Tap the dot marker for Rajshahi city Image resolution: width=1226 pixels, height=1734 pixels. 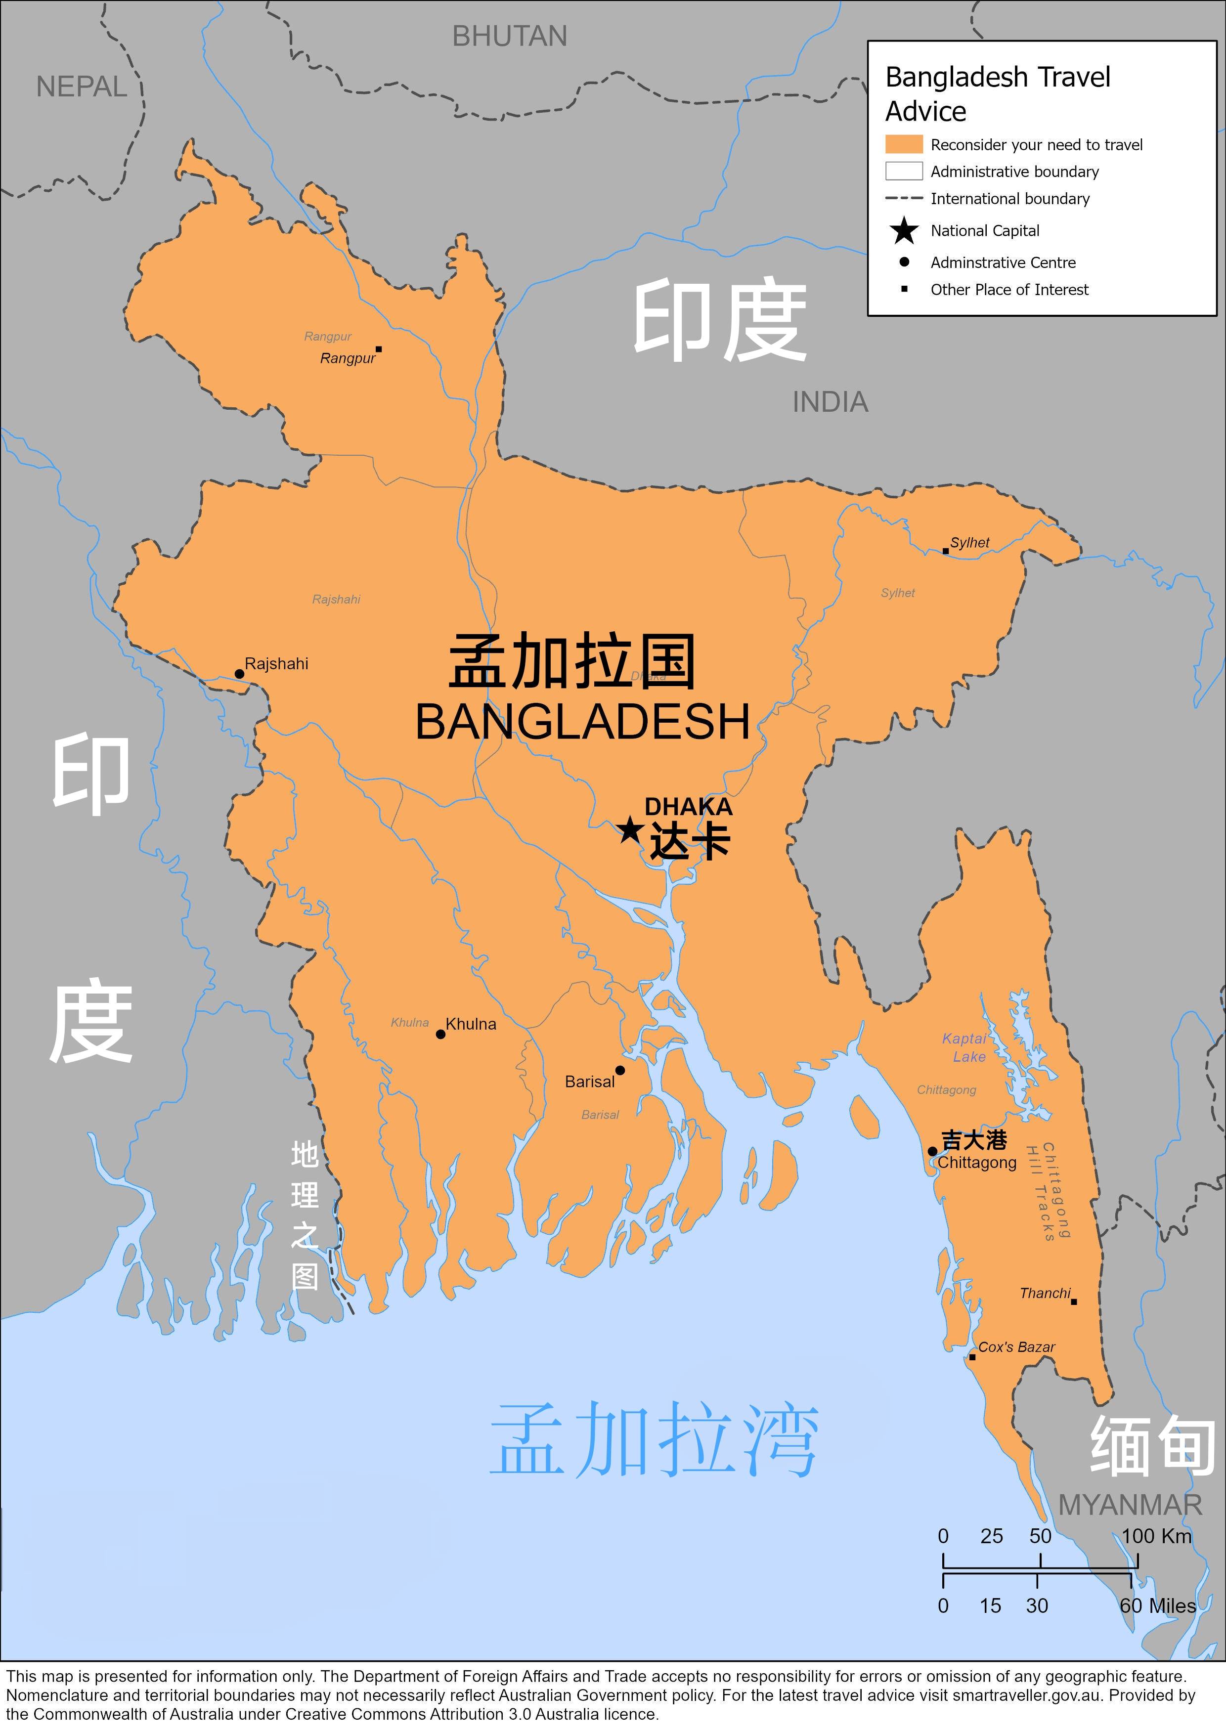coord(239,674)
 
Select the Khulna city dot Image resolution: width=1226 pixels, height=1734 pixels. coord(440,1034)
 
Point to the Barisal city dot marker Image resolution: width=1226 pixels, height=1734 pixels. coord(620,1070)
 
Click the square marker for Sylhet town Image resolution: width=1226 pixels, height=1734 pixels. coord(945,551)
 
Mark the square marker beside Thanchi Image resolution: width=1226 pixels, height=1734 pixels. coord(1073,1301)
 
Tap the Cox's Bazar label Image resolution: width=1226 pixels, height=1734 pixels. coord(1016,1346)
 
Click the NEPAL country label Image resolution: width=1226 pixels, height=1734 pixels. coord(82,87)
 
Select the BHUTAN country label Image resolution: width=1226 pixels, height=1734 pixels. coord(509,36)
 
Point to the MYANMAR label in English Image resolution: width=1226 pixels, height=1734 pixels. coord(1129,1505)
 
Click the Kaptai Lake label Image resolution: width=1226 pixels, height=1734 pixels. coord(964,1047)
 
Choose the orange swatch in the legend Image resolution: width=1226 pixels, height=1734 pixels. coord(904,144)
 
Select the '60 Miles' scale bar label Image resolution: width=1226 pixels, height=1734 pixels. coord(1157,1605)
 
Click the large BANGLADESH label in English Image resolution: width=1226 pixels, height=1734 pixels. coord(582,721)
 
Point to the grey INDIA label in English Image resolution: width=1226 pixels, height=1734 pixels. coord(830,402)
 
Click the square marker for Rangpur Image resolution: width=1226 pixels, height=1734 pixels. coord(379,349)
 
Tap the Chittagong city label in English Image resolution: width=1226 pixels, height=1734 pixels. coord(977,1162)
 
